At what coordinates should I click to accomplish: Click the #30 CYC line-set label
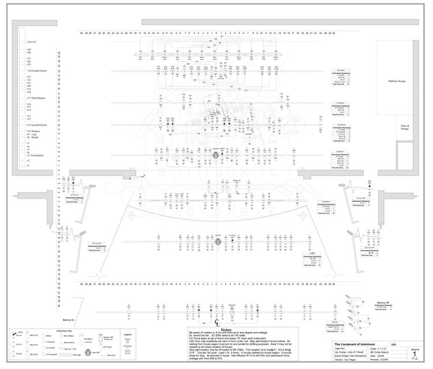tap(32, 42)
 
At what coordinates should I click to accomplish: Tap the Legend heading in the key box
tap(128, 334)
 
